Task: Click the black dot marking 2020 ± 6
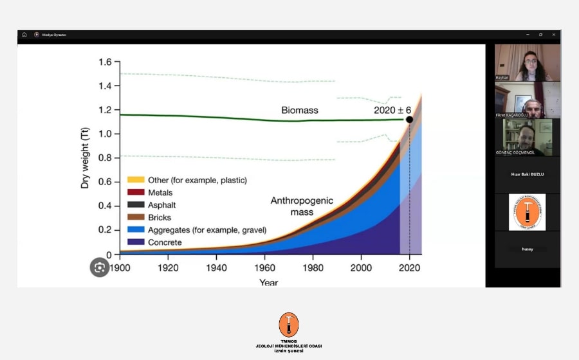click(409, 119)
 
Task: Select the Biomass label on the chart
click(300, 110)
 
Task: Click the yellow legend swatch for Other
click(135, 180)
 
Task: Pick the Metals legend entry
click(160, 192)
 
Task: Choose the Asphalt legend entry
click(161, 205)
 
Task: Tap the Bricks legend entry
click(160, 217)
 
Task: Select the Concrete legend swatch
click(135, 242)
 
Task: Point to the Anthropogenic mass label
click(302, 206)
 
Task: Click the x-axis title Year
click(269, 282)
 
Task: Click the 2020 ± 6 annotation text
click(392, 110)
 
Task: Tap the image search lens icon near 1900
click(99, 267)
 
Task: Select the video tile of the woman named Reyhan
click(527, 62)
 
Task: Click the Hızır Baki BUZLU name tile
click(527, 174)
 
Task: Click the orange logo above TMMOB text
click(289, 325)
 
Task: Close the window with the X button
click(553, 35)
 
